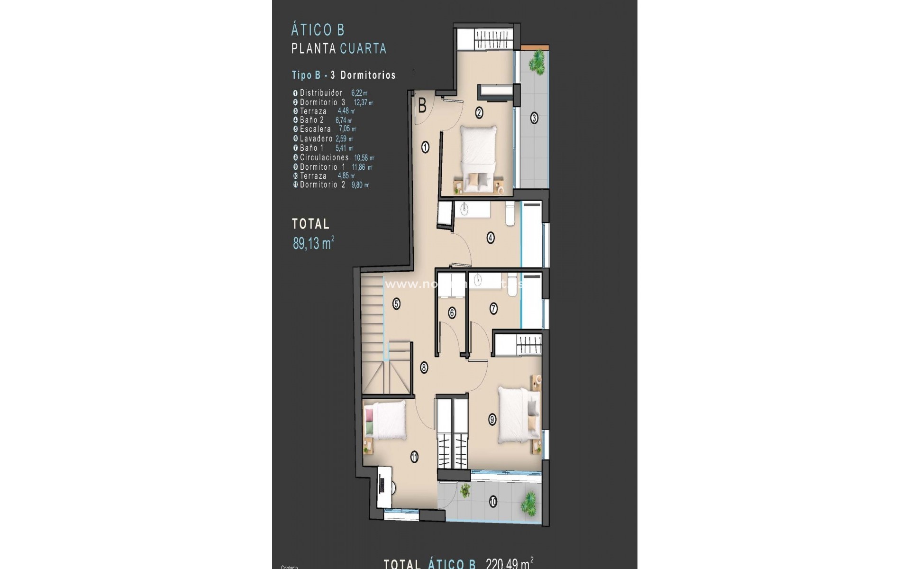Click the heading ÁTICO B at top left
click(x=318, y=30)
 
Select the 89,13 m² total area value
click(x=313, y=244)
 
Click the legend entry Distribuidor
click(x=321, y=93)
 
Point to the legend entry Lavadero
click(x=316, y=138)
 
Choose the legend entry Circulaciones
click(x=324, y=157)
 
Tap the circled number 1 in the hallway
click(x=425, y=147)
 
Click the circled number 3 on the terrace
click(x=534, y=118)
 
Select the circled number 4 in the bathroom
click(x=491, y=237)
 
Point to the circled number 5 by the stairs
click(x=396, y=304)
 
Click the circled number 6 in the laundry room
click(x=452, y=313)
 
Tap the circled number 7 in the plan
click(x=493, y=309)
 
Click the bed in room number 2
click(x=479, y=159)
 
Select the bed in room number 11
click(x=385, y=421)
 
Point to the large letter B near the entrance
click(x=422, y=106)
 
